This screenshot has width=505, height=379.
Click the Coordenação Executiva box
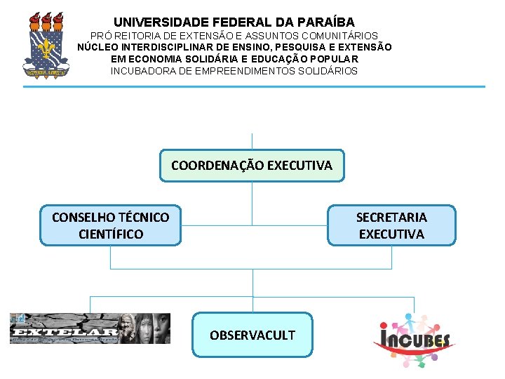(x=252, y=166)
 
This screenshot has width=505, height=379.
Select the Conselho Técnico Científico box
(x=110, y=225)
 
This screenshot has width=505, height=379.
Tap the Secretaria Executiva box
(x=391, y=225)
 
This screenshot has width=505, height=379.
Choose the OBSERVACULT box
(x=252, y=335)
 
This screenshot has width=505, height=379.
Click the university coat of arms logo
(x=47, y=44)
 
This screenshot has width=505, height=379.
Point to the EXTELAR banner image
(x=90, y=328)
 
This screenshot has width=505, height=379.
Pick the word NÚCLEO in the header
(x=97, y=47)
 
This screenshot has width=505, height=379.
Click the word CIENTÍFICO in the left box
(x=111, y=234)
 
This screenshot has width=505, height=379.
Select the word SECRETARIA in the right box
(x=391, y=217)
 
